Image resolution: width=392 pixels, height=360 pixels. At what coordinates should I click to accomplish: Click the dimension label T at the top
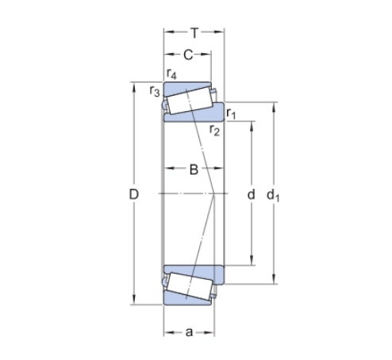pos(194,33)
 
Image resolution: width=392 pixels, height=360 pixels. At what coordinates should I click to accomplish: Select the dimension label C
pos(187,55)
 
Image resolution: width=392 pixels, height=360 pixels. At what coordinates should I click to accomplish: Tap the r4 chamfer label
pos(171,75)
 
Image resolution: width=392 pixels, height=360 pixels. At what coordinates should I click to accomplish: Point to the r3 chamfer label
pos(154,91)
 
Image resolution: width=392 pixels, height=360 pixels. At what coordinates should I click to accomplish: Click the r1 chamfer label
pos(232,114)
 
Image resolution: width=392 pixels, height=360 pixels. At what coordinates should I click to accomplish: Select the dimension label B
pos(194,168)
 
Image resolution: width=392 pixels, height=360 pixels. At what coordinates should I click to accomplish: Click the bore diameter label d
pos(251,194)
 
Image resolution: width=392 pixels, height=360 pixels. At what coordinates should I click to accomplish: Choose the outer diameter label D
pos(133,194)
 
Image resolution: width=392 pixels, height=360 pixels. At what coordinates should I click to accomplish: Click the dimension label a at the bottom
pos(188,334)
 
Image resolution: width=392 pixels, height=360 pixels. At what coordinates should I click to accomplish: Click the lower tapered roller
pos(189,284)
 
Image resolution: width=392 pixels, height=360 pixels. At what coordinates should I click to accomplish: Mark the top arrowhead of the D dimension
pos(133,86)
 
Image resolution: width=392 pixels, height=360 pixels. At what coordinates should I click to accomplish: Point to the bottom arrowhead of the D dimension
pos(133,301)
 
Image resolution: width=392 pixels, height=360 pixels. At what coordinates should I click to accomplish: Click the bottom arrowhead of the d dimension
pos(252,262)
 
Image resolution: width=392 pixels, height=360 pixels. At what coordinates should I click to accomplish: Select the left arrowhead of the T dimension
pos(167,33)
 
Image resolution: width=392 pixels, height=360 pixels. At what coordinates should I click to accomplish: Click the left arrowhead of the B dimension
pos(167,168)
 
